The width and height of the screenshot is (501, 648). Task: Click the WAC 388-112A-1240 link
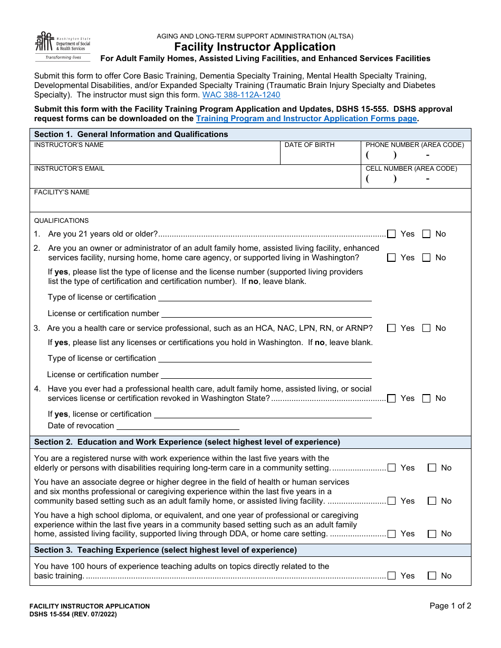241,95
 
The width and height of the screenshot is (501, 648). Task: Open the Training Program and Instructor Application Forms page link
306,119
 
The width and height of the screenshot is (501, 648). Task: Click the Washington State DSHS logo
62,46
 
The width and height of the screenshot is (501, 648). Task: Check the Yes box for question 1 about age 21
391,234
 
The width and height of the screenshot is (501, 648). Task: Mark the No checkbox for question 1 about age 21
427,234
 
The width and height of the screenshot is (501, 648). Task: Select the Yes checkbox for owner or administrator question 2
391,258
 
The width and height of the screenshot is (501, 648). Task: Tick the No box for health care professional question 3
427,328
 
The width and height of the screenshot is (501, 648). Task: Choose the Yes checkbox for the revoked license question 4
391,398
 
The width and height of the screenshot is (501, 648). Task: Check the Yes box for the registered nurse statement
391,468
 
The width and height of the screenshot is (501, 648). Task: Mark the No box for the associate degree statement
432,501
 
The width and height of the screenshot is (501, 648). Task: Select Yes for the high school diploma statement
391,534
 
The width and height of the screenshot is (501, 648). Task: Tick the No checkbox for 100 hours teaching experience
432,576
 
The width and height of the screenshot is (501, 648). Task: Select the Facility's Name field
250,203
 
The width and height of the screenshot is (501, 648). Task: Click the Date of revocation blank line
178,426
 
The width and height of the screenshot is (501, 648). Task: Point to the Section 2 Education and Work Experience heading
187,442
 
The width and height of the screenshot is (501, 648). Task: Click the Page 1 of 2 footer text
450,606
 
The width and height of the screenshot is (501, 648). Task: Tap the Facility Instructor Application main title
255,47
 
